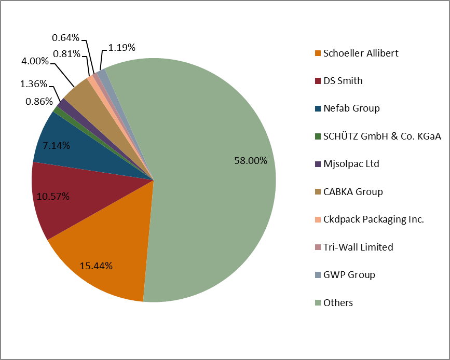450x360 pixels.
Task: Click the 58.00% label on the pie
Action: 251,161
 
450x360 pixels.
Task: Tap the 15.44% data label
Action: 96,266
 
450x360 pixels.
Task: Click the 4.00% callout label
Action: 35,61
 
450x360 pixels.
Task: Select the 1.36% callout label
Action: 34,84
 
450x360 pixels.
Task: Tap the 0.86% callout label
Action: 39,102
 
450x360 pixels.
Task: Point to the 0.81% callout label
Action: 66,53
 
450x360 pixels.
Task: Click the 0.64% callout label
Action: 66,37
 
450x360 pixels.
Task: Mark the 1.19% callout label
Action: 122,48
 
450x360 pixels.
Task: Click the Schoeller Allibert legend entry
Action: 353,53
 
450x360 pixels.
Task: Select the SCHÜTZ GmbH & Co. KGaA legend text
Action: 381,136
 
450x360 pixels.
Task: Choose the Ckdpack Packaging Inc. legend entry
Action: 373,219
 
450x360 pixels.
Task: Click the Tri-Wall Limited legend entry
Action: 358,247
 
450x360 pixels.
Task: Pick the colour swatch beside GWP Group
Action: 318,275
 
